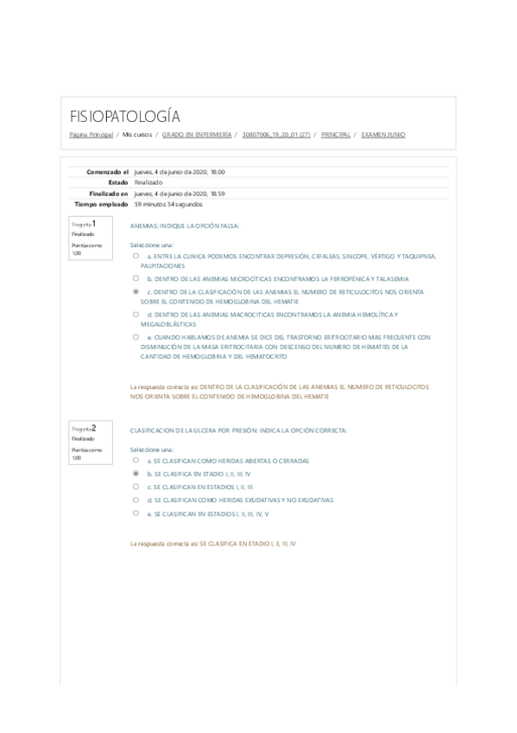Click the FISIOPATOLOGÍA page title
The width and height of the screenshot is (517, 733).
pos(124,117)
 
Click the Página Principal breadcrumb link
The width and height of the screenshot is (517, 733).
pos(91,135)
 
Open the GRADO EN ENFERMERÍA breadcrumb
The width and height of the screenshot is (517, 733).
pos(197,135)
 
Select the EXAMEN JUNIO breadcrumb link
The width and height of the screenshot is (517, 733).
pos(383,135)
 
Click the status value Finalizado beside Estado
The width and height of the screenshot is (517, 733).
pos(148,182)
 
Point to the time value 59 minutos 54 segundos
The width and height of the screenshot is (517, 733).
pos(168,204)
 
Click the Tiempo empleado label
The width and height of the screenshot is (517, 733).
pos(102,204)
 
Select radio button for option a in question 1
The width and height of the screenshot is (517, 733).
pos(136,257)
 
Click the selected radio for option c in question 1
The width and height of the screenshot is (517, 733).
pos(136,292)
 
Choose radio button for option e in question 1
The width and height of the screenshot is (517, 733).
pos(136,336)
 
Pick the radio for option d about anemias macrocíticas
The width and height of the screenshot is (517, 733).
pos(136,314)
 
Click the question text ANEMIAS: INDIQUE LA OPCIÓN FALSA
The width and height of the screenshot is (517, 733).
pos(184,225)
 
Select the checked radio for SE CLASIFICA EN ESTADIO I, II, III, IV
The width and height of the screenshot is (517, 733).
pos(136,474)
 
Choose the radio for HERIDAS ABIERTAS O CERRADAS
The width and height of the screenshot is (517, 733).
pos(136,461)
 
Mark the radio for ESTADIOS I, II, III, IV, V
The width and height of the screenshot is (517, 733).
pos(136,513)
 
